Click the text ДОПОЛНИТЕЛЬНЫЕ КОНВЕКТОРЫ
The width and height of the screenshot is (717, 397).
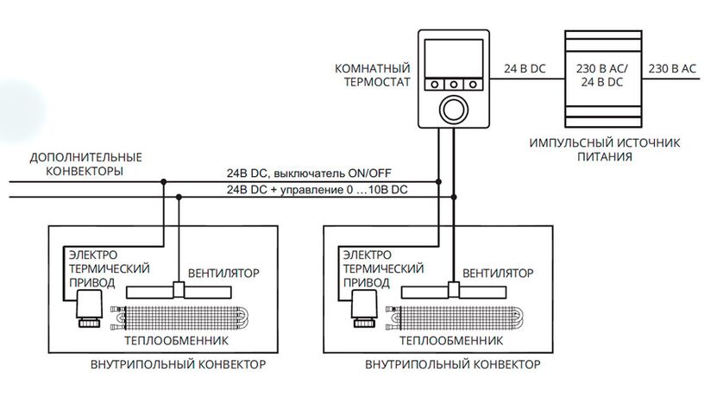[85, 164]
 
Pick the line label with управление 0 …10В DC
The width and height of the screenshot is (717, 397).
[316, 189]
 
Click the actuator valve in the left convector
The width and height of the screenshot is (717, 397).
[86, 307]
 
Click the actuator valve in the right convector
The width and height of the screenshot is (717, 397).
[362, 307]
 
